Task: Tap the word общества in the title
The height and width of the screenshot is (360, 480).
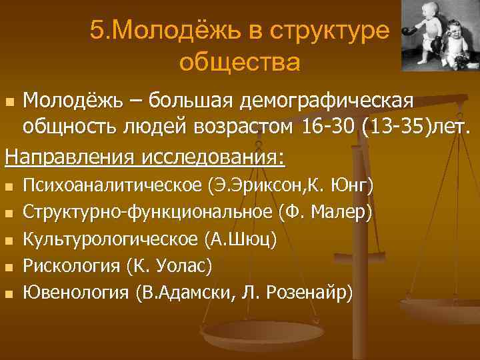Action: coord(239,63)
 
